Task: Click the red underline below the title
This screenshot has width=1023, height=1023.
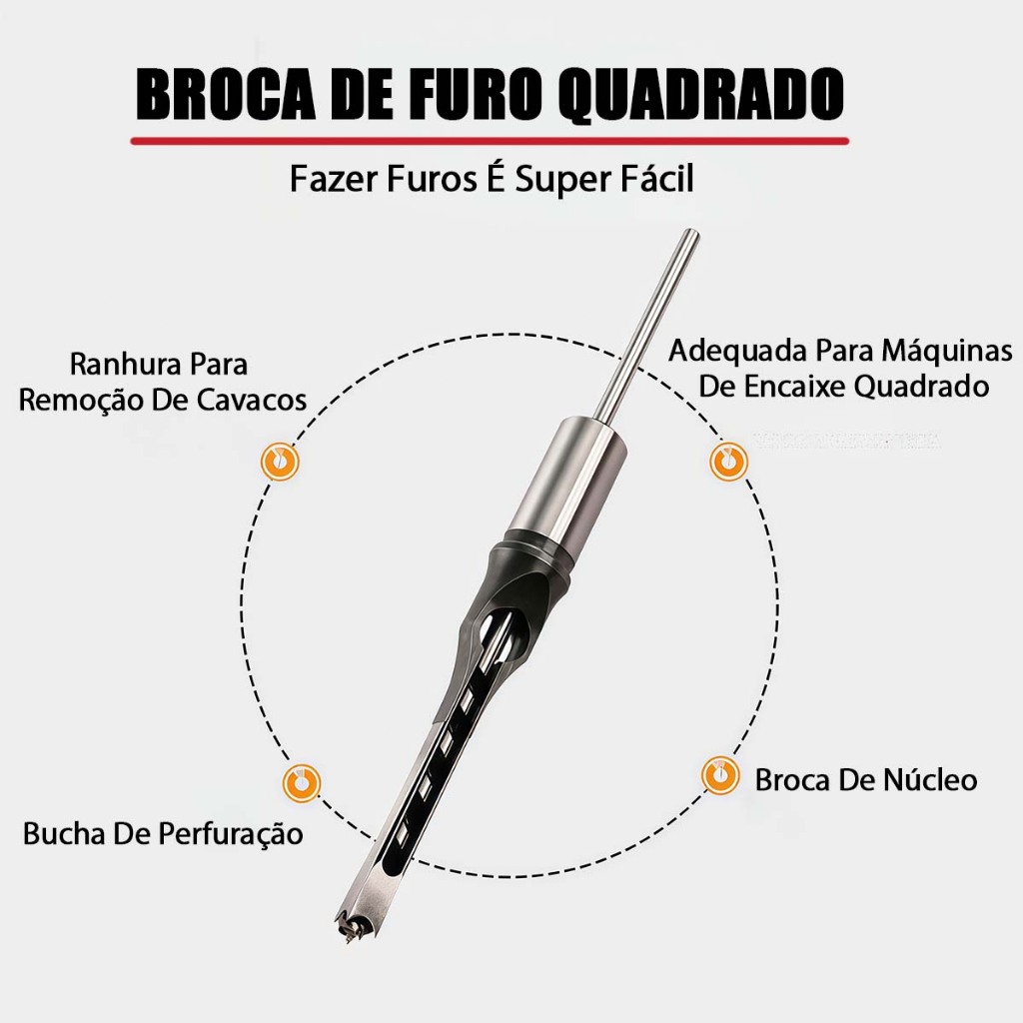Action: [490, 140]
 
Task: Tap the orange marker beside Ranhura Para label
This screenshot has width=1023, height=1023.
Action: [280, 462]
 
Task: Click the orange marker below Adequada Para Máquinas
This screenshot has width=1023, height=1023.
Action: [728, 461]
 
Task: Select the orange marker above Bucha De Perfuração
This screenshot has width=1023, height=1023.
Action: [302, 782]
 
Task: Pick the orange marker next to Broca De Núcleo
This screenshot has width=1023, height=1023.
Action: [720, 775]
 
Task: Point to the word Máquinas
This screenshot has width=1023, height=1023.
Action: [947, 350]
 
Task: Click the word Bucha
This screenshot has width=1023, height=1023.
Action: [65, 833]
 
